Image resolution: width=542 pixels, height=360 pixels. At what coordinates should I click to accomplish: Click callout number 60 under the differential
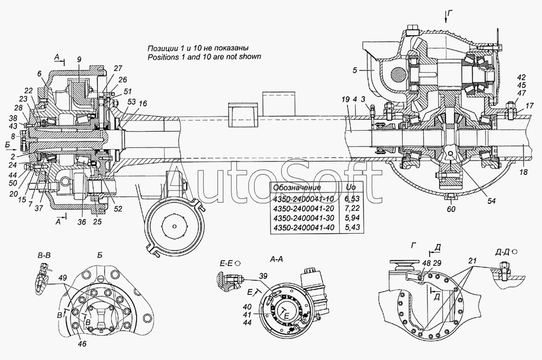tap(451, 209)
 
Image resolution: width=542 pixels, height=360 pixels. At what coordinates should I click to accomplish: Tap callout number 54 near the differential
tap(491, 201)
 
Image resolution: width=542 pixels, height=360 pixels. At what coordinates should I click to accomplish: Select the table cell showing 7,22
tap(353, 208)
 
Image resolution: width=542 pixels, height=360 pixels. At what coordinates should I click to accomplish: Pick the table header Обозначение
tap(297, 188)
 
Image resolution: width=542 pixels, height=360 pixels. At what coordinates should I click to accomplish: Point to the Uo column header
tap(351, 188)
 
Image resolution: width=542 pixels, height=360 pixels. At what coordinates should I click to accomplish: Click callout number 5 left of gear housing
tap(355, 70)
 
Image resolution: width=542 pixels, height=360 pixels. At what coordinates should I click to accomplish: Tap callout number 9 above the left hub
tap(79, 60)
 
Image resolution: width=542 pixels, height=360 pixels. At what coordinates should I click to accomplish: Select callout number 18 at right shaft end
tap(524, 172)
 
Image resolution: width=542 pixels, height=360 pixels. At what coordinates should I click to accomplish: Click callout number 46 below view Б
tap(82, 344)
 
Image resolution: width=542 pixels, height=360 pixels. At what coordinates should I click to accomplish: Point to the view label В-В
tap(43, 256)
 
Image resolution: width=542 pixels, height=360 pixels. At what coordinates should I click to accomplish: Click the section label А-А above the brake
tap(276, 259)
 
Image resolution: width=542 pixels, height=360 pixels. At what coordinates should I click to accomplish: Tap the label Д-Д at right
tap(502, 253)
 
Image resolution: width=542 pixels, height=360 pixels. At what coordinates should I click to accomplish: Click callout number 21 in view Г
tap(473, 261)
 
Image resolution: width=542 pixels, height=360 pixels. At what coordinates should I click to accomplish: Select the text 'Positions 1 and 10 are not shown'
tap(204, 57)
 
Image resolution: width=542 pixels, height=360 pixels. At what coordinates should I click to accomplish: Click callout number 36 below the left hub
tap(82, 222)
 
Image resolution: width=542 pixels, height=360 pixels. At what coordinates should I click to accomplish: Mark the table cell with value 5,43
tap(353, 228)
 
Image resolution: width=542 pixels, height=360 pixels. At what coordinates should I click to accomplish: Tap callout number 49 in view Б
tap(62, 277)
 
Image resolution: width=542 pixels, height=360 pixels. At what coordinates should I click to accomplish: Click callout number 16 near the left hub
tap(143, 104)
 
